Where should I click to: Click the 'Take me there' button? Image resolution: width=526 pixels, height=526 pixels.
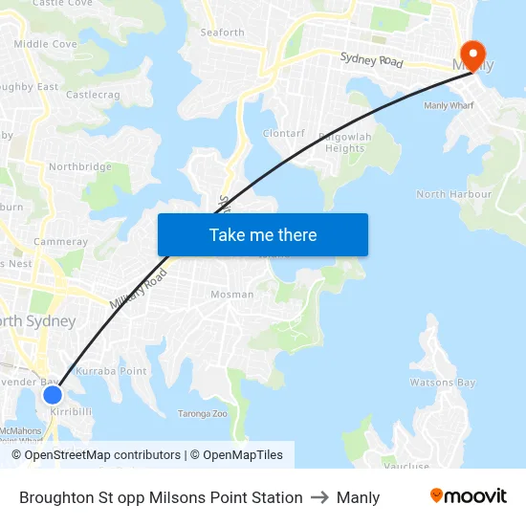click(263, 235)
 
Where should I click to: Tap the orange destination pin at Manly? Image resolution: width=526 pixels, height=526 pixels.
click(471, 54)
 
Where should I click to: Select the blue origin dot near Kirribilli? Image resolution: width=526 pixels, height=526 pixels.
click(53, 394)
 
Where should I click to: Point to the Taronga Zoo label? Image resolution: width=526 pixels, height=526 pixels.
click(203, 414)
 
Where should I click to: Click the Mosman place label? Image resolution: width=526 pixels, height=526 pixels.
click(231, 295)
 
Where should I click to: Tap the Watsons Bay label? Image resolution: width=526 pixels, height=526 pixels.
click(442, 383)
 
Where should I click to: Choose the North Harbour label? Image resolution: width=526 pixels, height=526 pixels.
click(453, 194)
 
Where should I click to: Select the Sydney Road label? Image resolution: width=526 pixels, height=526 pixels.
click(371, 60)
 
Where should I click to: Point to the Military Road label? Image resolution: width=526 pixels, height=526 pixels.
click(138, 289)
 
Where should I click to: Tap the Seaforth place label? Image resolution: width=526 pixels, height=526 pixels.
click(222, 33)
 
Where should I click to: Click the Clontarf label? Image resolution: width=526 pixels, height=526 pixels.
click(283, 134)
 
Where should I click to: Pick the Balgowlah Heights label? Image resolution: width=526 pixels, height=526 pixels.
click(347, 142)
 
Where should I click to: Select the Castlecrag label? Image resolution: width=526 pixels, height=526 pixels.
click(93, 95)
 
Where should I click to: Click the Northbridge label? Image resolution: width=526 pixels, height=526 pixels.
click(80, 166)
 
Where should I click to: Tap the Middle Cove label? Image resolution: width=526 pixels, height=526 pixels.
click(45, 44)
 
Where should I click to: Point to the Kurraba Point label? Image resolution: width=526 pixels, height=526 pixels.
click(111, 371)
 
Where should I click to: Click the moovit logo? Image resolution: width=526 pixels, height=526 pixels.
click(469, 496)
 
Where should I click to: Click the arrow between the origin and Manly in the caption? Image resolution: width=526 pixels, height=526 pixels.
click(319, 497)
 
